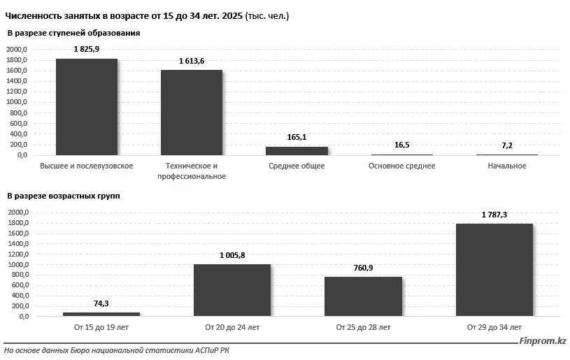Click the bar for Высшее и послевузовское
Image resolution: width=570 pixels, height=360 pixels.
tap(87, 107)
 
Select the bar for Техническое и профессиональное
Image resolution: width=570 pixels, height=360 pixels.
tap(192, 113)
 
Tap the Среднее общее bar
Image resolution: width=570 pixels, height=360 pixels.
tap(297, 150)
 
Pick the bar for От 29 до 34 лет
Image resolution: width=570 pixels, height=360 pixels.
tap(494, 270)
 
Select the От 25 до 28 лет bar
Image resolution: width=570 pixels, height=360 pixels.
tap(363, 296)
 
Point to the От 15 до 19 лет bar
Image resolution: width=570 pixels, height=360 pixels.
tap(101, 314)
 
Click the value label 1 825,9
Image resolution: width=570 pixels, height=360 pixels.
tap(87, 49)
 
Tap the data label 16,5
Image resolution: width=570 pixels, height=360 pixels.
tap(402, 145)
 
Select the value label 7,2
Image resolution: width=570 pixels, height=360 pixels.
tap(507, 145)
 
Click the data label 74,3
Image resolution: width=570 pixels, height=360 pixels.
tap(101, 303)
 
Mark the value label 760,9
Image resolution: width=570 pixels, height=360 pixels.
tap(363, 268)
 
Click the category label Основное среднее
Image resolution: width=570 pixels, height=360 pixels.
tap(401, 166)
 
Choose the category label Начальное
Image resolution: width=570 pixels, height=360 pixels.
tap(507, 166)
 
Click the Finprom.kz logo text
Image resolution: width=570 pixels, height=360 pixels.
tap(543, 341)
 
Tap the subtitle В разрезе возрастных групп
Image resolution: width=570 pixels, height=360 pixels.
tap(64, 196)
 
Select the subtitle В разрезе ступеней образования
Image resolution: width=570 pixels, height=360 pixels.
tap(73, 33)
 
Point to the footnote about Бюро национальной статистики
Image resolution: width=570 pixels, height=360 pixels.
tap(116, 350)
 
